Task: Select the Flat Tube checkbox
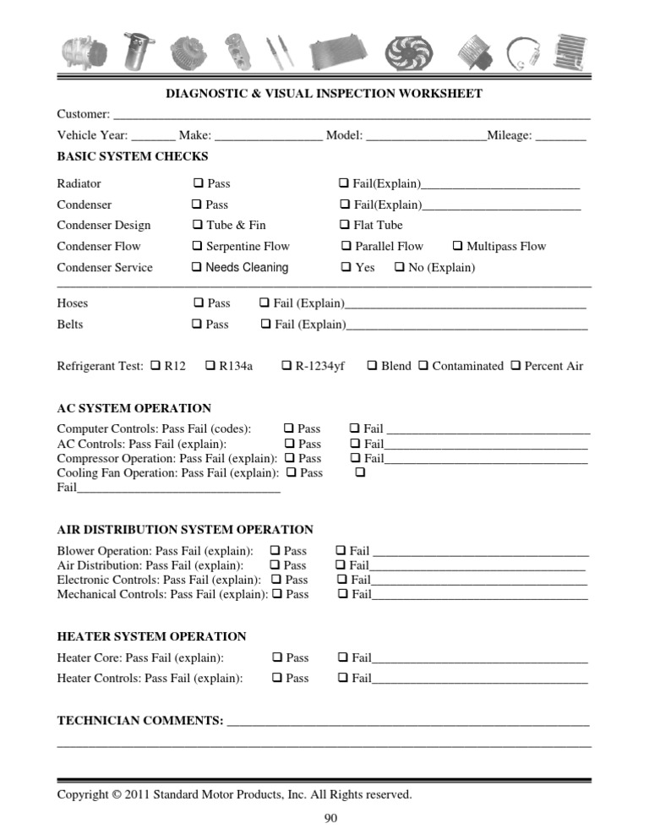345,226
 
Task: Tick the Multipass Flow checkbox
457,247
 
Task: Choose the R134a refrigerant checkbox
210,366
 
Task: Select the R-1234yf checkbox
286,366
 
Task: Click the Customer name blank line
351,114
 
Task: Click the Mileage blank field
560,135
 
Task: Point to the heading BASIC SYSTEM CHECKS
132,156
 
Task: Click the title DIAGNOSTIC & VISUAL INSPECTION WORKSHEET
324,94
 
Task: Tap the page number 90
331,818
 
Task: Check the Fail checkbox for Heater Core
343,657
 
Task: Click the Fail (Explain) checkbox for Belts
266,325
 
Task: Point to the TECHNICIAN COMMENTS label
139,721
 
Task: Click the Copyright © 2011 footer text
234,794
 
